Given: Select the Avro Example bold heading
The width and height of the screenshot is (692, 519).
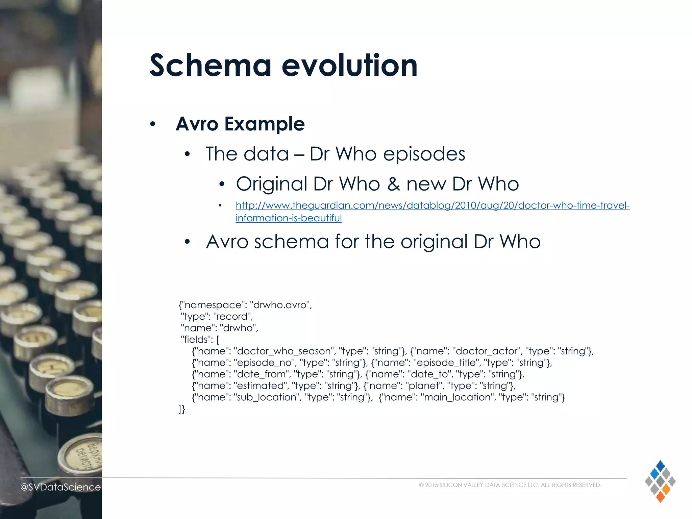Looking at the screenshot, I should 240,124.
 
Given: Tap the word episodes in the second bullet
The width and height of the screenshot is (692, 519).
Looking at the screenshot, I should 424,154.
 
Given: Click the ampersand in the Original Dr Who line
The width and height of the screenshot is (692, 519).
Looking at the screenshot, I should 393,184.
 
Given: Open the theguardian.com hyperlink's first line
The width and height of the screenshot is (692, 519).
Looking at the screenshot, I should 432,205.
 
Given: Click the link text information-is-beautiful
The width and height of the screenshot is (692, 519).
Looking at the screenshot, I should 289,218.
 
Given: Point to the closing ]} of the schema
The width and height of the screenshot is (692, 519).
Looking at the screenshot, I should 182,409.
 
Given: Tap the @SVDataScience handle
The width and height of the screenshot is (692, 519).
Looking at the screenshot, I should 60,487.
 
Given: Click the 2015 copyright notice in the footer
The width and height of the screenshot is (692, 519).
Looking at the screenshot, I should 510,485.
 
